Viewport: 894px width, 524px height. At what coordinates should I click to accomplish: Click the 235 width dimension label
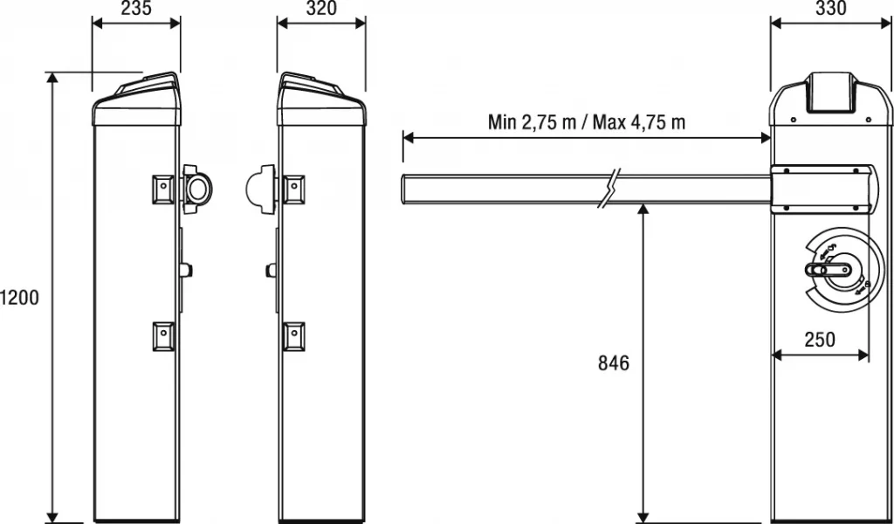pos(136,10)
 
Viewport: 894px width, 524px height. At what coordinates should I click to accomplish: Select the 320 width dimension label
pos(320,10)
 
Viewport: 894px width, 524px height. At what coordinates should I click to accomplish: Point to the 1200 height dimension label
pos(19,298)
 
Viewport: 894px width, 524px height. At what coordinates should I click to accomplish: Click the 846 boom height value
pos(614,362)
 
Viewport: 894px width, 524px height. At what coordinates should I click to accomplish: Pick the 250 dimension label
pos(820,340)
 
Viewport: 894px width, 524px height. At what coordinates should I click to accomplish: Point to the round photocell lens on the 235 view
pos(198,187)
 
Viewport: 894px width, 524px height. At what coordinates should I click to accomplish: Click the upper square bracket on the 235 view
pos(163,187)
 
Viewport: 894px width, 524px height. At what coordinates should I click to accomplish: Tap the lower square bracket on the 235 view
pos(163,334)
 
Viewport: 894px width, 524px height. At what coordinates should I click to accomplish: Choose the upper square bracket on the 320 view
pos(294,187)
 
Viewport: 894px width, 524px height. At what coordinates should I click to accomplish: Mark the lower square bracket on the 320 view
pos(294,334)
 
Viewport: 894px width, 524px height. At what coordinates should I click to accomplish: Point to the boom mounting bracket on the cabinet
pos(822,190)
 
